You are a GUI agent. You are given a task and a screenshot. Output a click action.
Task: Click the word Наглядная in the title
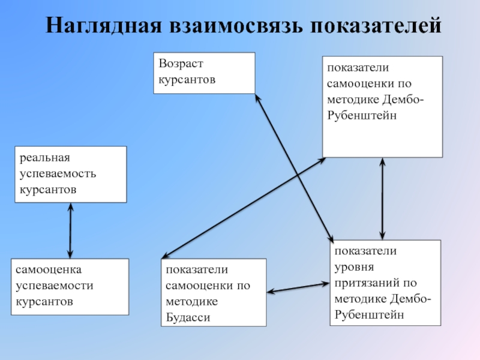104,26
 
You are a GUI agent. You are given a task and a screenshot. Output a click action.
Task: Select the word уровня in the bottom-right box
355,266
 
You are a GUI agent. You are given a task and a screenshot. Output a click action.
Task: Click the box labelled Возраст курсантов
204,73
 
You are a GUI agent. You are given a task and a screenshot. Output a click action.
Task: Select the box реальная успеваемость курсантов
71,174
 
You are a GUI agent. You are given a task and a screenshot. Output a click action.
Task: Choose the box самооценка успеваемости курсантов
71,287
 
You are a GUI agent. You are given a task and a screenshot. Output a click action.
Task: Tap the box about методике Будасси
213,293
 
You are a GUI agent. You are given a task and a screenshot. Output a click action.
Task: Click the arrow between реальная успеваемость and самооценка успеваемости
71,230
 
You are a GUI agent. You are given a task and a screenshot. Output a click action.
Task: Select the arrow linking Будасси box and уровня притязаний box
298,287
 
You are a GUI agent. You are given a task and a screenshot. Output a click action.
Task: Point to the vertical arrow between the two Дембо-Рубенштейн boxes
382,198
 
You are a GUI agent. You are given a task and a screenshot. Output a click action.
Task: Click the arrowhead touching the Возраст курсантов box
258,97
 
